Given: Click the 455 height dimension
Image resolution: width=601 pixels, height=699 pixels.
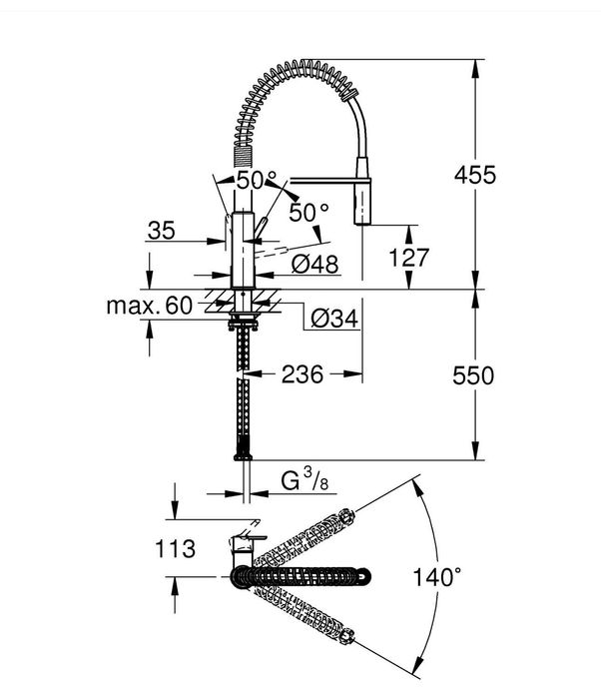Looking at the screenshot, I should pyautogui.click(x=475, y=175).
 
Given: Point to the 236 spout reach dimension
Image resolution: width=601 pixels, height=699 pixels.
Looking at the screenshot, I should pyautogui.click(x=302, y=374).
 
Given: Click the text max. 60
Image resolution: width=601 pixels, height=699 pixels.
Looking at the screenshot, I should pyautogui.click(x=148, y=306).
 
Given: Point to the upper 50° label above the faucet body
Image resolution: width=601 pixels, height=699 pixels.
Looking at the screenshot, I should pyautogui.click(x=257, y=181).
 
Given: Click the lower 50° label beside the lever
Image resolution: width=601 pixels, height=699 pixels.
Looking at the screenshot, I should pyautogui.click(x=308, y=212).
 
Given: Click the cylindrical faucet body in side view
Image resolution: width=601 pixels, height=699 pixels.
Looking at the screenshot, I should pyautogui.click(x=241, y=250).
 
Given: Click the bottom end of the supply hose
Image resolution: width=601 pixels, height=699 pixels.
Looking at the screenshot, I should pyautogui.click(x=240, y=454).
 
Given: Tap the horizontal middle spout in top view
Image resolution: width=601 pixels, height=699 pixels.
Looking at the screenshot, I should pyautogui.click(x=309, y=576).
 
